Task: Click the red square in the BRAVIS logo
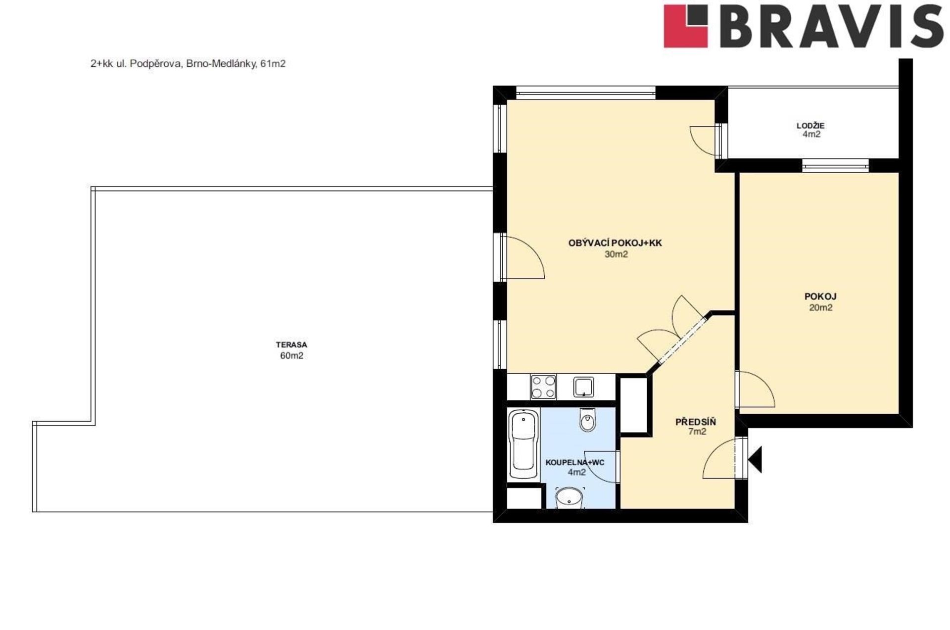pos(686,26)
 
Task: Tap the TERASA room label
pos(291,344)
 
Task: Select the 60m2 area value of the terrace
pos(291,355)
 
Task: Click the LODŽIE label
pos(810,126)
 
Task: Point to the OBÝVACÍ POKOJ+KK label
pos(615,243)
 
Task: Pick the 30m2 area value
pos(616,254)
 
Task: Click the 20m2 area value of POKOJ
pos(820,307)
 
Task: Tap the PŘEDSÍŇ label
pos(696,422)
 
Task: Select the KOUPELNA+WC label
pos(575,463)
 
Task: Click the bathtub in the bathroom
pos(524,444)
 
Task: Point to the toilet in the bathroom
pos(587,420)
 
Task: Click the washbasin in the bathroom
pos(570,497)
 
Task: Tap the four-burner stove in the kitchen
pos(543,387)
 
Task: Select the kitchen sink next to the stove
pos(584,387)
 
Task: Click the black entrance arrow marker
pos(755,459)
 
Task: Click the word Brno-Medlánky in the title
pos(221,64)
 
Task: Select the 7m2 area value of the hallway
pos(697,432)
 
